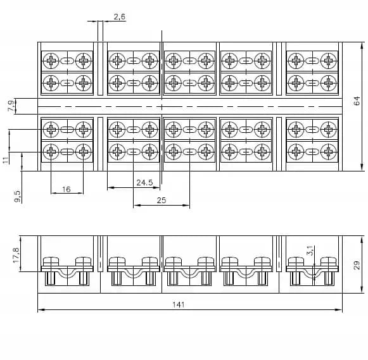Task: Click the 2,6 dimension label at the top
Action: coord(120,17)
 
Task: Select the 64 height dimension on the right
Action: coord(357,101)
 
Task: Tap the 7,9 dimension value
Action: coord(11,106)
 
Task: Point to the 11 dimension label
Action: coord(6,160)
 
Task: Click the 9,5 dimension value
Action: coord(17,196)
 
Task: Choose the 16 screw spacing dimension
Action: coord(66,189)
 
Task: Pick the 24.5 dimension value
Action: coord(144,182)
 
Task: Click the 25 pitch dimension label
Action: coord(162,200)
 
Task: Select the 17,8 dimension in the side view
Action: coord(16,255)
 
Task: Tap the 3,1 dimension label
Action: coord(310,251)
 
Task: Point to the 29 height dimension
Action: coord(357,265)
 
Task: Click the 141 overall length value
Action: coord(179,304)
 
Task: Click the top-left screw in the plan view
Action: coord(51,61)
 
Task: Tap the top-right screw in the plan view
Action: coord(329,61)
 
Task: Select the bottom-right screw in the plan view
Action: coord(329,152)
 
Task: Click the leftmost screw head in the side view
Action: coord(51,261)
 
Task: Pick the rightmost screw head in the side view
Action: coord(329,261)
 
